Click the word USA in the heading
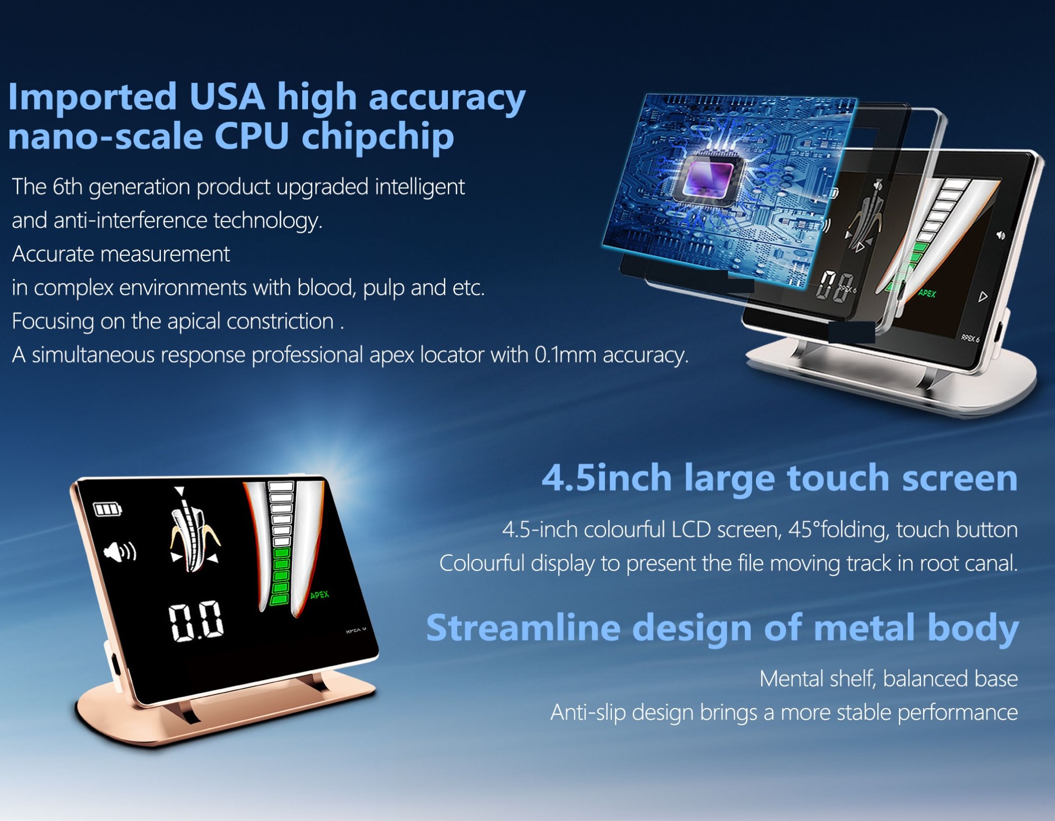click(227, 96)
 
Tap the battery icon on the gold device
click(108, 509)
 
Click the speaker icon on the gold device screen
click(120, 552)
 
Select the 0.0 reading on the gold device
click(196, 622)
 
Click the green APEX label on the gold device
click(320, 595)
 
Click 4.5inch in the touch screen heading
click(607, 478)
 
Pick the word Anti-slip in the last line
click(588, 713)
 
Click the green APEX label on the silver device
click(927, 293)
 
